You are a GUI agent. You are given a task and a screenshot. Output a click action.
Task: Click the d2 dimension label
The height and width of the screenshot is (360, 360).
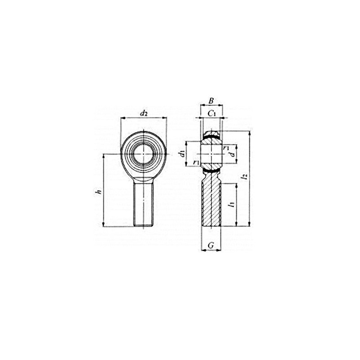tap(144, 113)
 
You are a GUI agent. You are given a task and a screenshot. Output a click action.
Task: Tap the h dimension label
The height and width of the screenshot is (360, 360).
tap(99, 192)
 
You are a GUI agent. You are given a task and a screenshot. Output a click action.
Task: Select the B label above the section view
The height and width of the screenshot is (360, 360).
tap(211, 100)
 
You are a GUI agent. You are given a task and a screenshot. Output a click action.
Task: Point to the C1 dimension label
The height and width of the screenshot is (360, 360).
tap(211, 113)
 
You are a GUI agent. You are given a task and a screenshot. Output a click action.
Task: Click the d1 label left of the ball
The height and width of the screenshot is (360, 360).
tap(183, 153)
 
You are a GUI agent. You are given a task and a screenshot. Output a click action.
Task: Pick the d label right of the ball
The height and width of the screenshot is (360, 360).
tap(233, 153)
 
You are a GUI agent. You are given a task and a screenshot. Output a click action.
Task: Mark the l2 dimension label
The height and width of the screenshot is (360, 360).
tap(245, 176)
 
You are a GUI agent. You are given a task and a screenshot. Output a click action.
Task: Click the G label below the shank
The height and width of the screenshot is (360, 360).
tap(211, 246)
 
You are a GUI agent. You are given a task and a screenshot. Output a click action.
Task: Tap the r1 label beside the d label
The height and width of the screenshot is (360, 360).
tap(226, 148)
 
